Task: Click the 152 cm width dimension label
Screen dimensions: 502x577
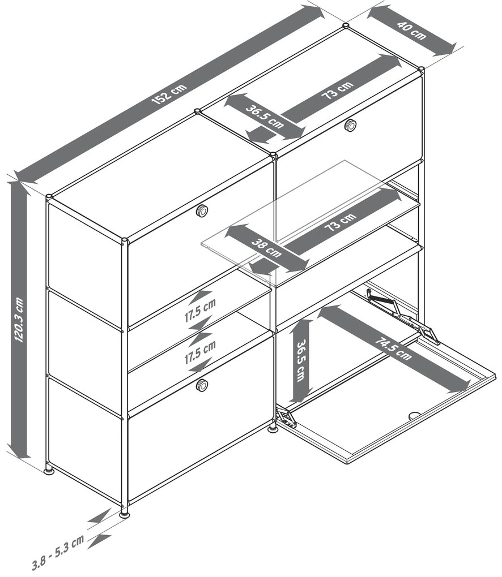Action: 169,94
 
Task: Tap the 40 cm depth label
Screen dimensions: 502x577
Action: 411,30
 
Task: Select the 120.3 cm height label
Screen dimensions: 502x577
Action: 19,320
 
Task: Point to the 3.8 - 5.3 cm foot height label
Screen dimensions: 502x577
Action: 58,551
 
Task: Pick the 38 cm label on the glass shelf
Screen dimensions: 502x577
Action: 266,248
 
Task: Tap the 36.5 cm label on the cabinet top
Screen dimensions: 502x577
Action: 265,117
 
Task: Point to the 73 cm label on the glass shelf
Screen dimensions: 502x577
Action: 340,221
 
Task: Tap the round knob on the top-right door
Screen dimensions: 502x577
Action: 350,124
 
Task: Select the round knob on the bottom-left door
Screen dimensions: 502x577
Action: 202,385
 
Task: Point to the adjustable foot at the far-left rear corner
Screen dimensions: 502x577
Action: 49,470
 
